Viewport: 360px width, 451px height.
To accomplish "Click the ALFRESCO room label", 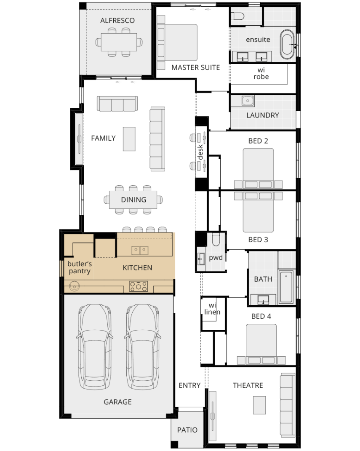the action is (x=117, y=20).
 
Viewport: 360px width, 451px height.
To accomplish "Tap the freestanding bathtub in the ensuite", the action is (x=288, y=44).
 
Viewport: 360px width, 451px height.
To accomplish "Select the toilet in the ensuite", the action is (x=238, y=16).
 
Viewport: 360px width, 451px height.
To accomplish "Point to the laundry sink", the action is (x=248, y=101).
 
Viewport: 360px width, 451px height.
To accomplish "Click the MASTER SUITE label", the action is (x=195, y=67).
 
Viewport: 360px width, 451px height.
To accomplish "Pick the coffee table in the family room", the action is (x=129, y=139).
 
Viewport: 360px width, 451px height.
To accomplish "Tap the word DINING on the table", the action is (x=133, y=200).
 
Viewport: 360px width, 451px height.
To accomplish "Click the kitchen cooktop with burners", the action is (x=139, y=286).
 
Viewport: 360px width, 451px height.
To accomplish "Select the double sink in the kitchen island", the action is (x=140, y=250).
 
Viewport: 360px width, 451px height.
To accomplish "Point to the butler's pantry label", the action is (x=79, y=267).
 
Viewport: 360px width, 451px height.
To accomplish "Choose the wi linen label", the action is (x=212, y=309).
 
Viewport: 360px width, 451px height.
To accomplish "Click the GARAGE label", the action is (x=117, y=402).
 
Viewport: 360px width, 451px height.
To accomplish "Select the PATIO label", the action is (x=187, y=430).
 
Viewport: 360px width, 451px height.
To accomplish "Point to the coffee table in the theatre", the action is (x=259, y=405).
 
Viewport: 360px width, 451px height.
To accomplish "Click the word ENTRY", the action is (x=189, y=385).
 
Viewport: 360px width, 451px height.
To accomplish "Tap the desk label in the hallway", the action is (x=200, y=152).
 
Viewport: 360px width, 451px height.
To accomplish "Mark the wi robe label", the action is (x=261, y=73).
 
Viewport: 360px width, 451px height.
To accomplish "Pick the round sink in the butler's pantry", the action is (x=74, y=286).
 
